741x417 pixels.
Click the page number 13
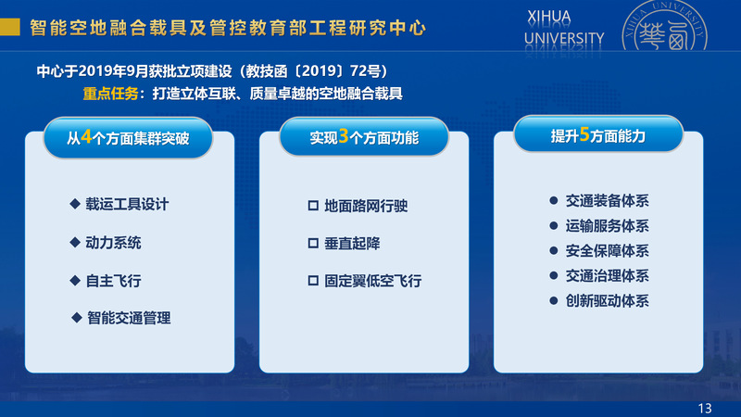coord(705,409)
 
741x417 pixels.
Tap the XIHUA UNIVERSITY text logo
coord(564,29)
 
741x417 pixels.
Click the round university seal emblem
coord(664,26)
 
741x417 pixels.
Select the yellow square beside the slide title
coord(10,27)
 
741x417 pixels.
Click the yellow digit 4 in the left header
coord(86,137)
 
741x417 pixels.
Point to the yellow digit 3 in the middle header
coord(344,136)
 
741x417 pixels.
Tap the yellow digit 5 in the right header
coord(584,134)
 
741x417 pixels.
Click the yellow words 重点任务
coord(110,94)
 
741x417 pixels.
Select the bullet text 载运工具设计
coord(127,204)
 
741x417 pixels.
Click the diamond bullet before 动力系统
coord(75,242)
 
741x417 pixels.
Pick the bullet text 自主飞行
coord(113,281)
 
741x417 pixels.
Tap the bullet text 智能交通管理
coord(129,318)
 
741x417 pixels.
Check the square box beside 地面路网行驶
coord(313,206)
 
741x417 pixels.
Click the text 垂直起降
coord(352,244)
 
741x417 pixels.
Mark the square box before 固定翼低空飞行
coord(313,281)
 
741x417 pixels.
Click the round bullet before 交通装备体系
coord(554,200)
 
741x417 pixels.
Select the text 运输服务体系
coord(608,226)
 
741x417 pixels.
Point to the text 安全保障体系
coord(608,251)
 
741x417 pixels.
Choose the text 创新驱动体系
coord(608,301)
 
